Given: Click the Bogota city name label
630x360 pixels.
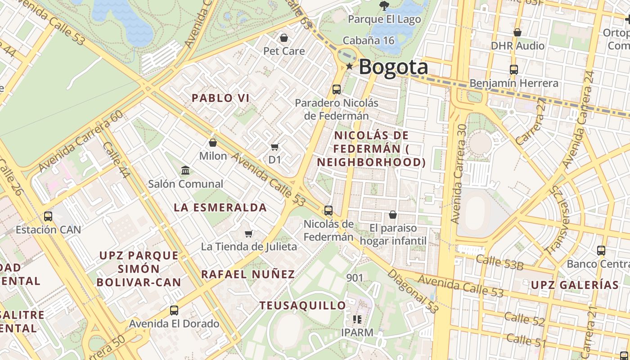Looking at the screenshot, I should click(393, 67).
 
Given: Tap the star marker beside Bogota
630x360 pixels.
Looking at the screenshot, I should click(350, 67).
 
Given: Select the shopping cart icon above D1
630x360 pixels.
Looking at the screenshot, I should click(274, 147).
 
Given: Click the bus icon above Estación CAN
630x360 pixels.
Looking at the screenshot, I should click(48, 216).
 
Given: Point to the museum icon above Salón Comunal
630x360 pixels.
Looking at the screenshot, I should click(185, 171).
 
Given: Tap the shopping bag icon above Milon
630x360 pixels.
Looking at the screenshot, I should click(213, 143).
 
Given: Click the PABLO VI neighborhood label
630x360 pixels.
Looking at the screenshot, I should click(220, 98).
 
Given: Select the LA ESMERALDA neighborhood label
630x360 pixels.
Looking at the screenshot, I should click(220, 207).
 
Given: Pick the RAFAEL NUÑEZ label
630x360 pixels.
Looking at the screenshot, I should click(248, 274).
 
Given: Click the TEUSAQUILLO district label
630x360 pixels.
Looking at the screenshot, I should click(303, 306).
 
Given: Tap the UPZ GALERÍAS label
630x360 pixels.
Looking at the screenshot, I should click(575, 285).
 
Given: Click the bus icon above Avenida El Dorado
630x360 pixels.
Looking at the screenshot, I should click(174, 310).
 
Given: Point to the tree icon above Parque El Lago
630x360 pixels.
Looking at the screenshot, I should click(384, 6).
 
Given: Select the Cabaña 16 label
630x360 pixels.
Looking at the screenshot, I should click(369, 40).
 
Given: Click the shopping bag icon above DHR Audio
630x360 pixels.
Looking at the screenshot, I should click(517, 33).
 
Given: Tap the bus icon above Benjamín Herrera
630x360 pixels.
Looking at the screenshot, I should click(514, 70).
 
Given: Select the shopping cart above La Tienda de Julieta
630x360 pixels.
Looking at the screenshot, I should click(248, 234).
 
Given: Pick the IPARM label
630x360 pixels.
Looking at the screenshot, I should click(357, 333).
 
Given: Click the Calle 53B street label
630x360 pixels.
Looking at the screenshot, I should click(499, 262).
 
